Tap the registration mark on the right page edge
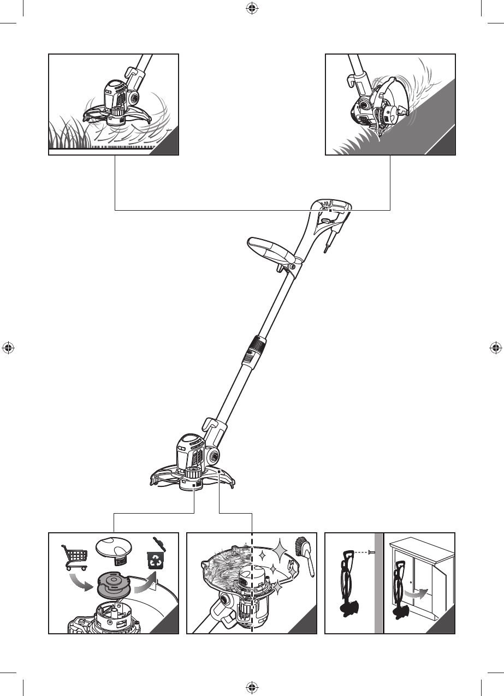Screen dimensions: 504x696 coord(496,348)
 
